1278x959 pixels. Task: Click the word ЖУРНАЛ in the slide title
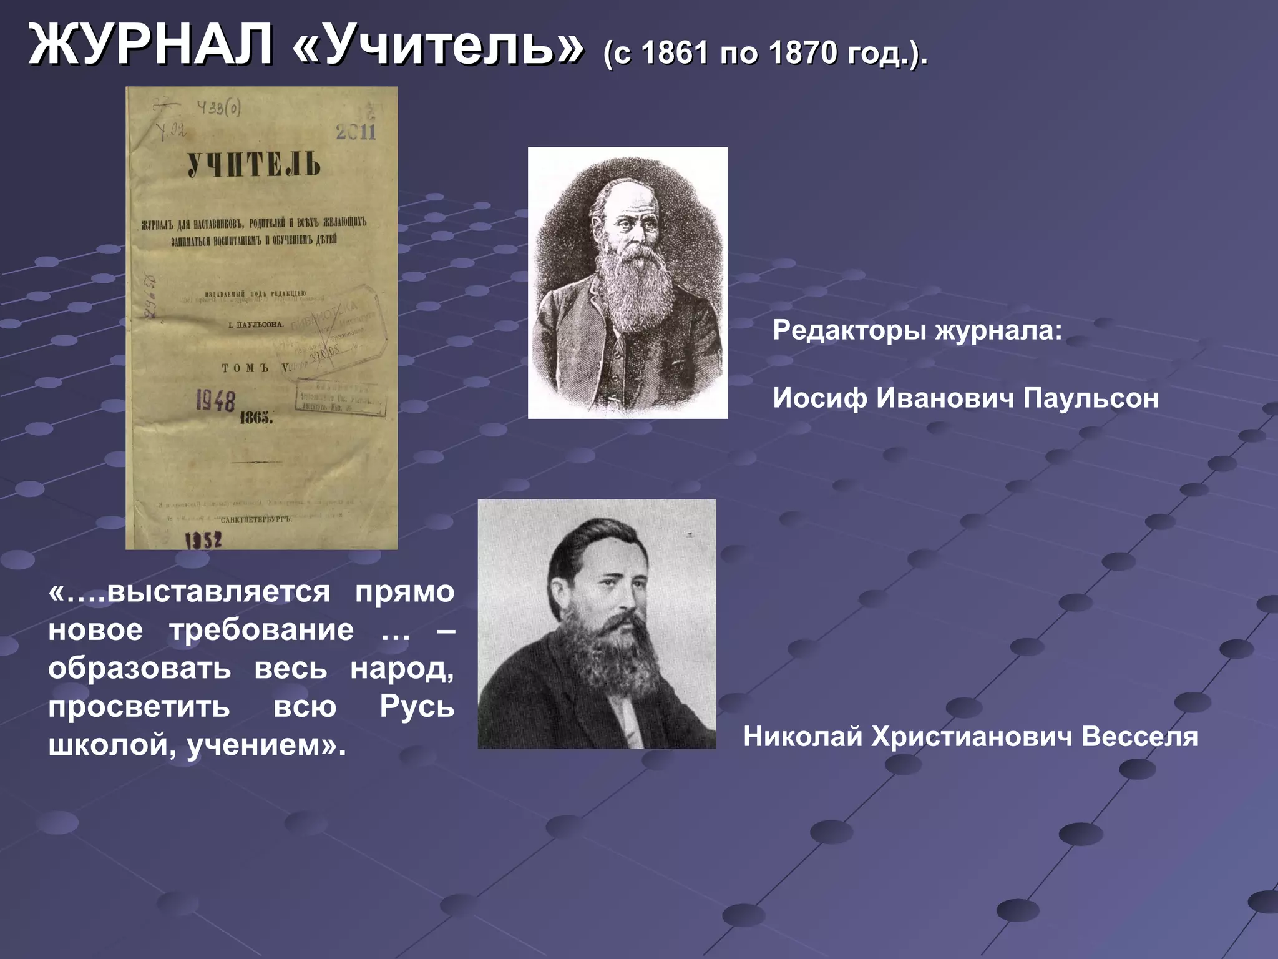150,45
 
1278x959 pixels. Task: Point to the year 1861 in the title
675,52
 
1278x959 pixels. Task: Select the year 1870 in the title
803,52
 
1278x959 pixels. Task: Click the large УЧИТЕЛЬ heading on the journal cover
254,164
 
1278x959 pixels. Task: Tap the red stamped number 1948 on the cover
216,401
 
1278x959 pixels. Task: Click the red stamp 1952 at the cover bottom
203,539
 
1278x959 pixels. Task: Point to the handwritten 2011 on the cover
356,132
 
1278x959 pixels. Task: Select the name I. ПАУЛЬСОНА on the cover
256,325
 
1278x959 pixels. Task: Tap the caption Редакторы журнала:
917,330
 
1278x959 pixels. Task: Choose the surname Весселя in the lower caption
1139,737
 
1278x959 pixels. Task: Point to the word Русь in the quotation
417,707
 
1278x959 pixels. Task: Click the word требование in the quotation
261,630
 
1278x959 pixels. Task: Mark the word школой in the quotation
107,745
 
